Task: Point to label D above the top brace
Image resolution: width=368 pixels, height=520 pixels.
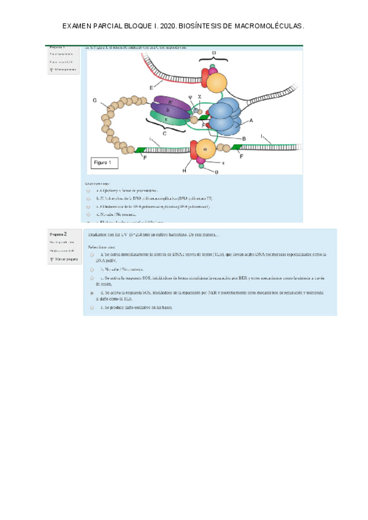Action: (x=213, y=53)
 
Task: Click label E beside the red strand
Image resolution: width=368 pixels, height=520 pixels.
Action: (x=151, y=88)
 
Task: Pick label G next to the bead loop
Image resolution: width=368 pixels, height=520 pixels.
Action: (x=94, y=100)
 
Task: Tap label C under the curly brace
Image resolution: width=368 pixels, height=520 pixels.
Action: (x=164, y=132)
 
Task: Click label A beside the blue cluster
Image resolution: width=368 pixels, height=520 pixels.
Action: (x=251, y=120)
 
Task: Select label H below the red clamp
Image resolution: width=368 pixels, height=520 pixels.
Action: (x=184, y=171)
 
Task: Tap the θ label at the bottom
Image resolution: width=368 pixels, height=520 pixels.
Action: (x=216, y=172)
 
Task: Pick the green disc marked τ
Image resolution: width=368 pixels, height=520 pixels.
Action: (x=169, y=120)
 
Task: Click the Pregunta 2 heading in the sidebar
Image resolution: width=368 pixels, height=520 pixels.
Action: (x=58, y=234)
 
